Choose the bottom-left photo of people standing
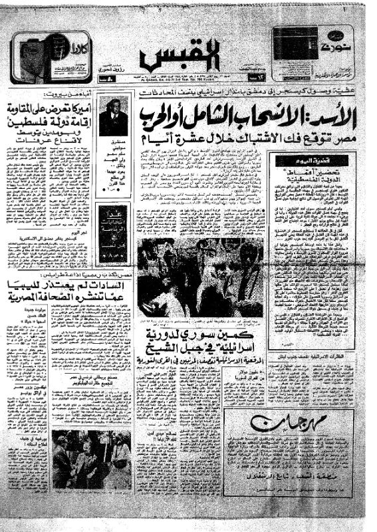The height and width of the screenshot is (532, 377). (91, 460)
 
